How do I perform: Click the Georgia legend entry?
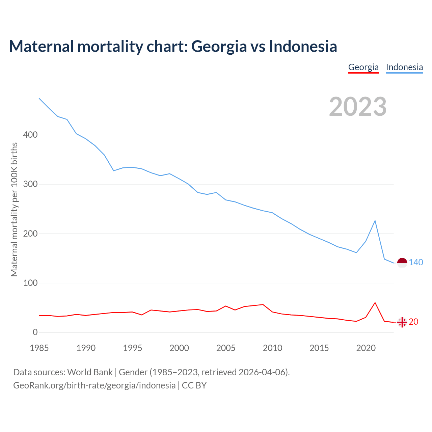[x=363, y=67]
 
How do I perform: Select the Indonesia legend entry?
[x=404, y=67]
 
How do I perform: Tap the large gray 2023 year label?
[x=358, y=107]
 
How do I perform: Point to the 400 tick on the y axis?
[x=30, y=135]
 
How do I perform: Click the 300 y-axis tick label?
[x=30, y=184]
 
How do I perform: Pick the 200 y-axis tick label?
[x=30, y=234]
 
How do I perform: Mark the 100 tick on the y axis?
[x=30, y=283]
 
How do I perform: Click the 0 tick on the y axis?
[x=35, y=332]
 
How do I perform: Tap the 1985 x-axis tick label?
[x=39, y=348]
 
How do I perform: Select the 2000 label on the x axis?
[x=179, y=348]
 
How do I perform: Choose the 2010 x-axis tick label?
[x=272, y=348]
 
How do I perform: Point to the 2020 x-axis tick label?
[x=366, y=348]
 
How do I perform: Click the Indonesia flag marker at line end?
[x=402, y=263]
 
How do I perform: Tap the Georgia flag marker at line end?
[x=402, y=322]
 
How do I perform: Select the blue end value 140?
[x=416, y=262]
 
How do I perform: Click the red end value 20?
[x=413, y=322]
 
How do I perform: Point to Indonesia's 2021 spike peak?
[x=375, y=221]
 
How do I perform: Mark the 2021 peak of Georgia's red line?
[x=375, y=303]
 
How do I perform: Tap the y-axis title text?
[x=14, y=209]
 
